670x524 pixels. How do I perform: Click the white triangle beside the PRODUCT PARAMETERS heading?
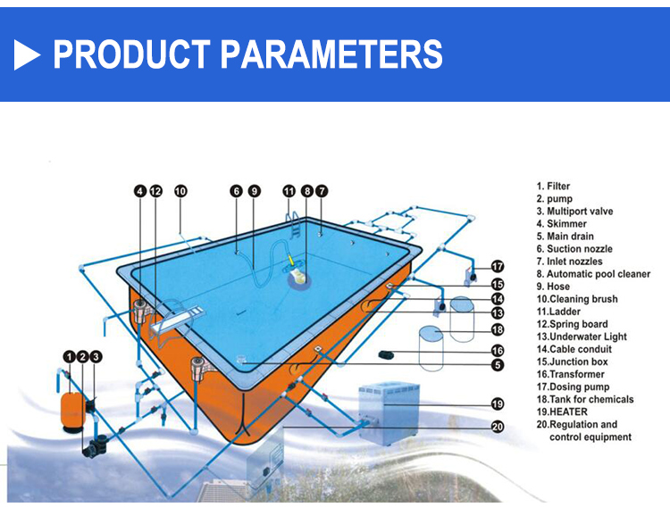27,54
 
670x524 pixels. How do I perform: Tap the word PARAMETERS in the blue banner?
331,54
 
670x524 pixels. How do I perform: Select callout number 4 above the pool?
140,191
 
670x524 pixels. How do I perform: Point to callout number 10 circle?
180,191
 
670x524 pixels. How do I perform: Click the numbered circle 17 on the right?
498,267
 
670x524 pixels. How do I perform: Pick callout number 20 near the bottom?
498,426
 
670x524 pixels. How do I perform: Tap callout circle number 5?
498,365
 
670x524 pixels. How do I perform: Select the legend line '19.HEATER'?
562,412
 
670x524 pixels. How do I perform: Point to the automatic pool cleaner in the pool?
297,272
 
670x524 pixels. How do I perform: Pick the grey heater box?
389,412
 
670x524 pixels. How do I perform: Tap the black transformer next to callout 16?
387,354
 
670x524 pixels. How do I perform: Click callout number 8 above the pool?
306,191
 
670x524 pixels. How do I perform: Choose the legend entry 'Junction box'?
572,362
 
